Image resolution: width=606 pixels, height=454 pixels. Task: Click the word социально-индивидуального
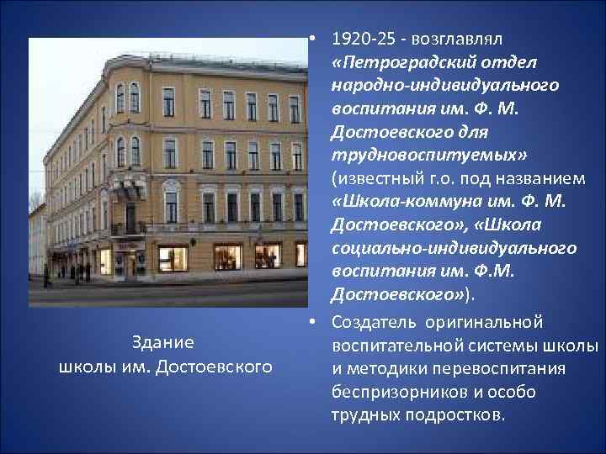tap(454, 249)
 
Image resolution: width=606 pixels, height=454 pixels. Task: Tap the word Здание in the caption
tap(164, 343)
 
